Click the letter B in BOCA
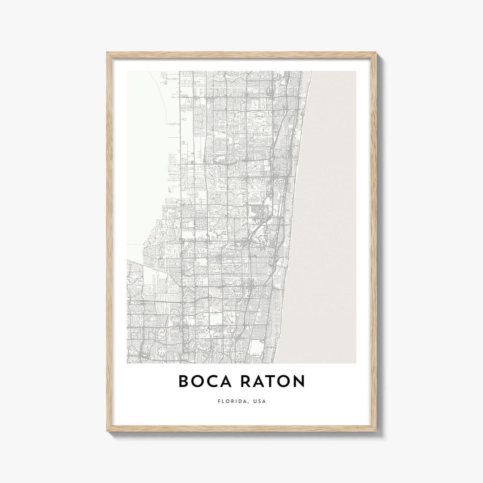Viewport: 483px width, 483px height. (x=184, y=381)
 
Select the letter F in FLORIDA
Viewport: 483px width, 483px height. (x=218, y=401)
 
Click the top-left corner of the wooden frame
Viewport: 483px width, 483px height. (x=108, y=53)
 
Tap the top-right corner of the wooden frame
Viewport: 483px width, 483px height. (x=376, y=53)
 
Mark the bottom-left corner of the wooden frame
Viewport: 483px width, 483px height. (x=108, y=434)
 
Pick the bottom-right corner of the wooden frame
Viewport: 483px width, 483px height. (x=376, y=434)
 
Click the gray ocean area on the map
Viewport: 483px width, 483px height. (x=331, y=201)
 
